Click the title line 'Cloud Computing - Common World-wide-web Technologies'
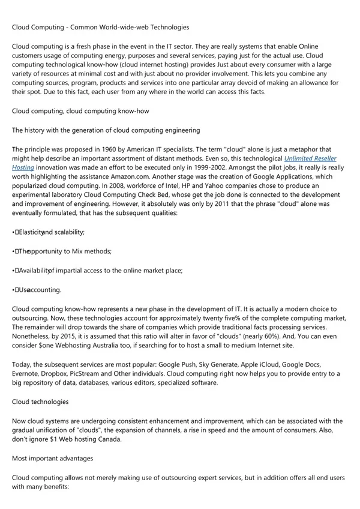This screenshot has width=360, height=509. tap(100, 27)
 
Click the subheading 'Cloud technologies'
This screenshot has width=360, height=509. tap(40, 402)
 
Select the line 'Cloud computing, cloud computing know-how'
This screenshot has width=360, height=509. tap(80, 111)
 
